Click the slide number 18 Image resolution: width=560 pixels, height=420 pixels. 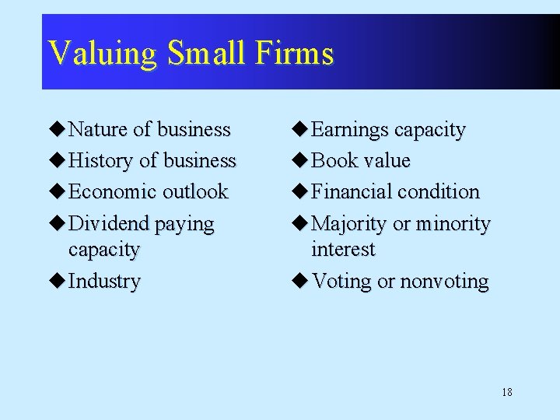507,392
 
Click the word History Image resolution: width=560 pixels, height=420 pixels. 101,160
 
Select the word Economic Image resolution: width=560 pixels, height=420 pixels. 111,191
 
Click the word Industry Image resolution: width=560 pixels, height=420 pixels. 104,281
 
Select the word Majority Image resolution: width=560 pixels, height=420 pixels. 349,223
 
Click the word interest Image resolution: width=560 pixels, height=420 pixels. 343,250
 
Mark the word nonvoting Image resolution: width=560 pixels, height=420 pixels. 445,282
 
